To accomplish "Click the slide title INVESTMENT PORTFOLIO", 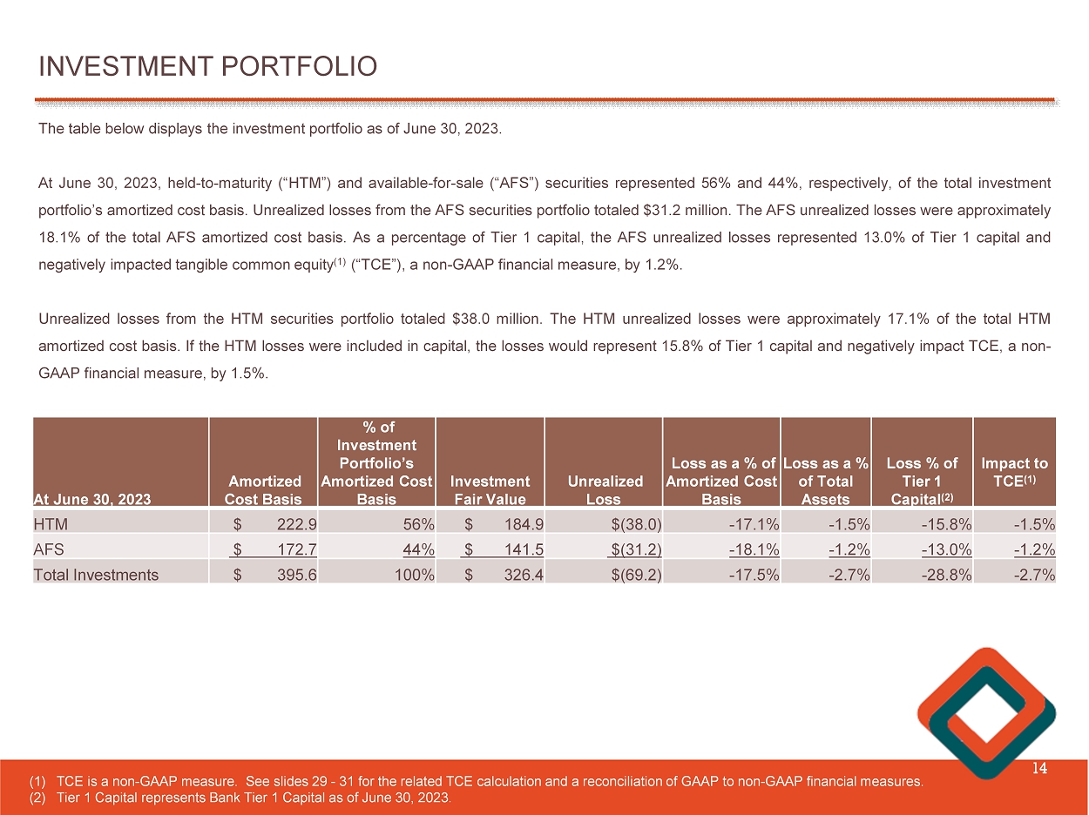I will click(207, 66).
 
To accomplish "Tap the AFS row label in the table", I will click(47, 549).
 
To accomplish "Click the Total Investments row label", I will click(96, 575).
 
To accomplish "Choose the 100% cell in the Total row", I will click(414, 575).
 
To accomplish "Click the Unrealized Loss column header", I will click(604, 489).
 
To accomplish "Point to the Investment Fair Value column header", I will click(490, 489).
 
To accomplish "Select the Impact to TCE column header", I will click(1014, 472).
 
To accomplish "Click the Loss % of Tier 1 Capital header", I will click(921, 481).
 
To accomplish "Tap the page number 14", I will click(1038, 768).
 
